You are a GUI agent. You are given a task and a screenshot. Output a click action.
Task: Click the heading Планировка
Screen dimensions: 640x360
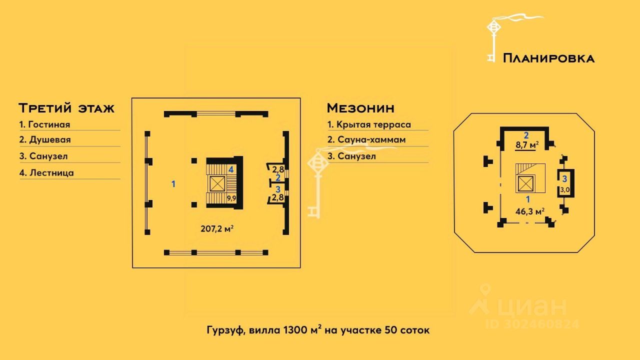tap(548, 58)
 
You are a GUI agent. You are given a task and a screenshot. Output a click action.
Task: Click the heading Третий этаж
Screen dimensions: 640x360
tap(66, 108)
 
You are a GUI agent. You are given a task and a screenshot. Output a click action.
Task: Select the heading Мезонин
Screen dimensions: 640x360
tap(360, 108)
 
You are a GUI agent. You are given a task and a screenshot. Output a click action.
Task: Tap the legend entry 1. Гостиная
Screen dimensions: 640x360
tap(44, 124)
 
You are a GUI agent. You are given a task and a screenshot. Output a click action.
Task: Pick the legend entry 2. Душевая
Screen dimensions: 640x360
tap(45, 140)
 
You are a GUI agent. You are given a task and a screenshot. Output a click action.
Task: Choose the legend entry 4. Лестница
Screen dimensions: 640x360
tap(46, 173)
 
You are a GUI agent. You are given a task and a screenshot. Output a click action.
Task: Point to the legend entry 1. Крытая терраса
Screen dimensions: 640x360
tap(369, 124)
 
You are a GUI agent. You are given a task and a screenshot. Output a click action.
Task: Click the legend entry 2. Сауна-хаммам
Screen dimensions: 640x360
tap(366, 140)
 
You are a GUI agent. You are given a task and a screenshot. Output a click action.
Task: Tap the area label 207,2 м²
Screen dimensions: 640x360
tap(217, 229)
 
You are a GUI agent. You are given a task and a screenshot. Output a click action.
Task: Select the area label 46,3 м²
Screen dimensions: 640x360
tap(529, 211)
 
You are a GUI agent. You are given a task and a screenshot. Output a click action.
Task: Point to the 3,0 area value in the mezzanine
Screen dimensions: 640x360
tap(564, 189)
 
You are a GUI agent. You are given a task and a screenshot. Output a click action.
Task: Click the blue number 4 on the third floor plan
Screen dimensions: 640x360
tap(231, 169)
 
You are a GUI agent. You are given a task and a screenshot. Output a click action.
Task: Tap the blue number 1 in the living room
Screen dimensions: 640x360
tap(173, 184)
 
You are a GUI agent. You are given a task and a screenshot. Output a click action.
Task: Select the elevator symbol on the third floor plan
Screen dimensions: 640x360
tap(217, 183)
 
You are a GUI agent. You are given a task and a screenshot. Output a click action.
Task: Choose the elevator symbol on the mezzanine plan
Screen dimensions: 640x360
tap(526, 184)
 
